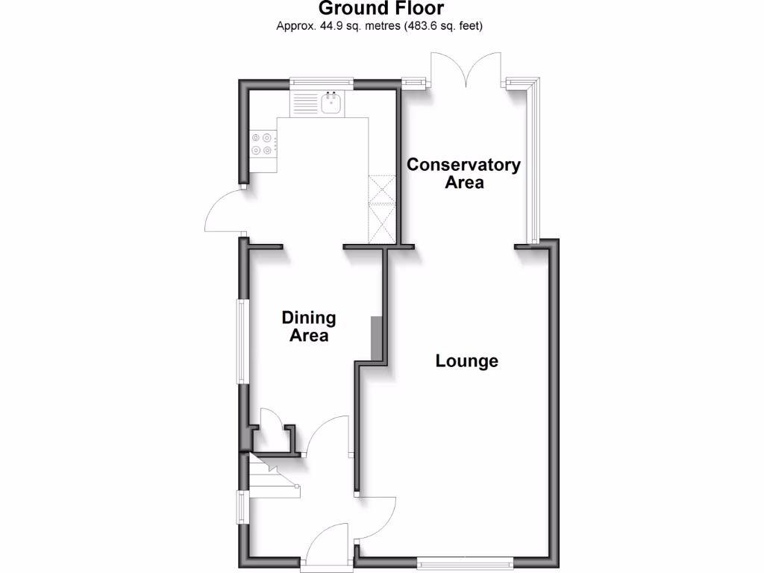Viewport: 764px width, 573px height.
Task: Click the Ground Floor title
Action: (x=381, y=9)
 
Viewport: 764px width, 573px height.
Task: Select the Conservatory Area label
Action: (x=463, y=173)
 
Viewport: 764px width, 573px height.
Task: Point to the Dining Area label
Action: (x=309, y=327)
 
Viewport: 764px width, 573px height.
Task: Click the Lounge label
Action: (x=467, y=362)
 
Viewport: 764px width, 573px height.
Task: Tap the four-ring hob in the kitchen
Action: (x=262, y=144)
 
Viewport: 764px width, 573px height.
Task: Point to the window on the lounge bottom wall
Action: (x=465, y=561)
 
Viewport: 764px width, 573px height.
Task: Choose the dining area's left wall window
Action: (x=243, y=342)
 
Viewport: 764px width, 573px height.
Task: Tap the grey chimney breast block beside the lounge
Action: (x=378, y=337)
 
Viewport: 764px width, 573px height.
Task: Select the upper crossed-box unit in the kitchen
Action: (x=381, y=188)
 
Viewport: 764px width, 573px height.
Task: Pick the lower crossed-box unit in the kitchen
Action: (x=381, y=223)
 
